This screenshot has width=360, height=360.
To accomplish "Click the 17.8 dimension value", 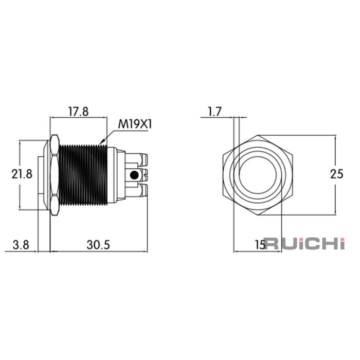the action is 79,112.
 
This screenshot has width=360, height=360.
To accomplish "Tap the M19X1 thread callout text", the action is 135,124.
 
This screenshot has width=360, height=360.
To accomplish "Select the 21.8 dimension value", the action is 22,174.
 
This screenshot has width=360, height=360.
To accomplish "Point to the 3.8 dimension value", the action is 21,245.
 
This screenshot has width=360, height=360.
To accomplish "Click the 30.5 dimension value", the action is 98,245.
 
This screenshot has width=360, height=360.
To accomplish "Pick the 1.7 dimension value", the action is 214,112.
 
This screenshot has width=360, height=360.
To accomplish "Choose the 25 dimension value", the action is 337,174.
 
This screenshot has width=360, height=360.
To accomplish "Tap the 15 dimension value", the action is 260,245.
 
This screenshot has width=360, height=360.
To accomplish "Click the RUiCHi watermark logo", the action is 304,244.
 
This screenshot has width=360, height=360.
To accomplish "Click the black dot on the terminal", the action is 134,175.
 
